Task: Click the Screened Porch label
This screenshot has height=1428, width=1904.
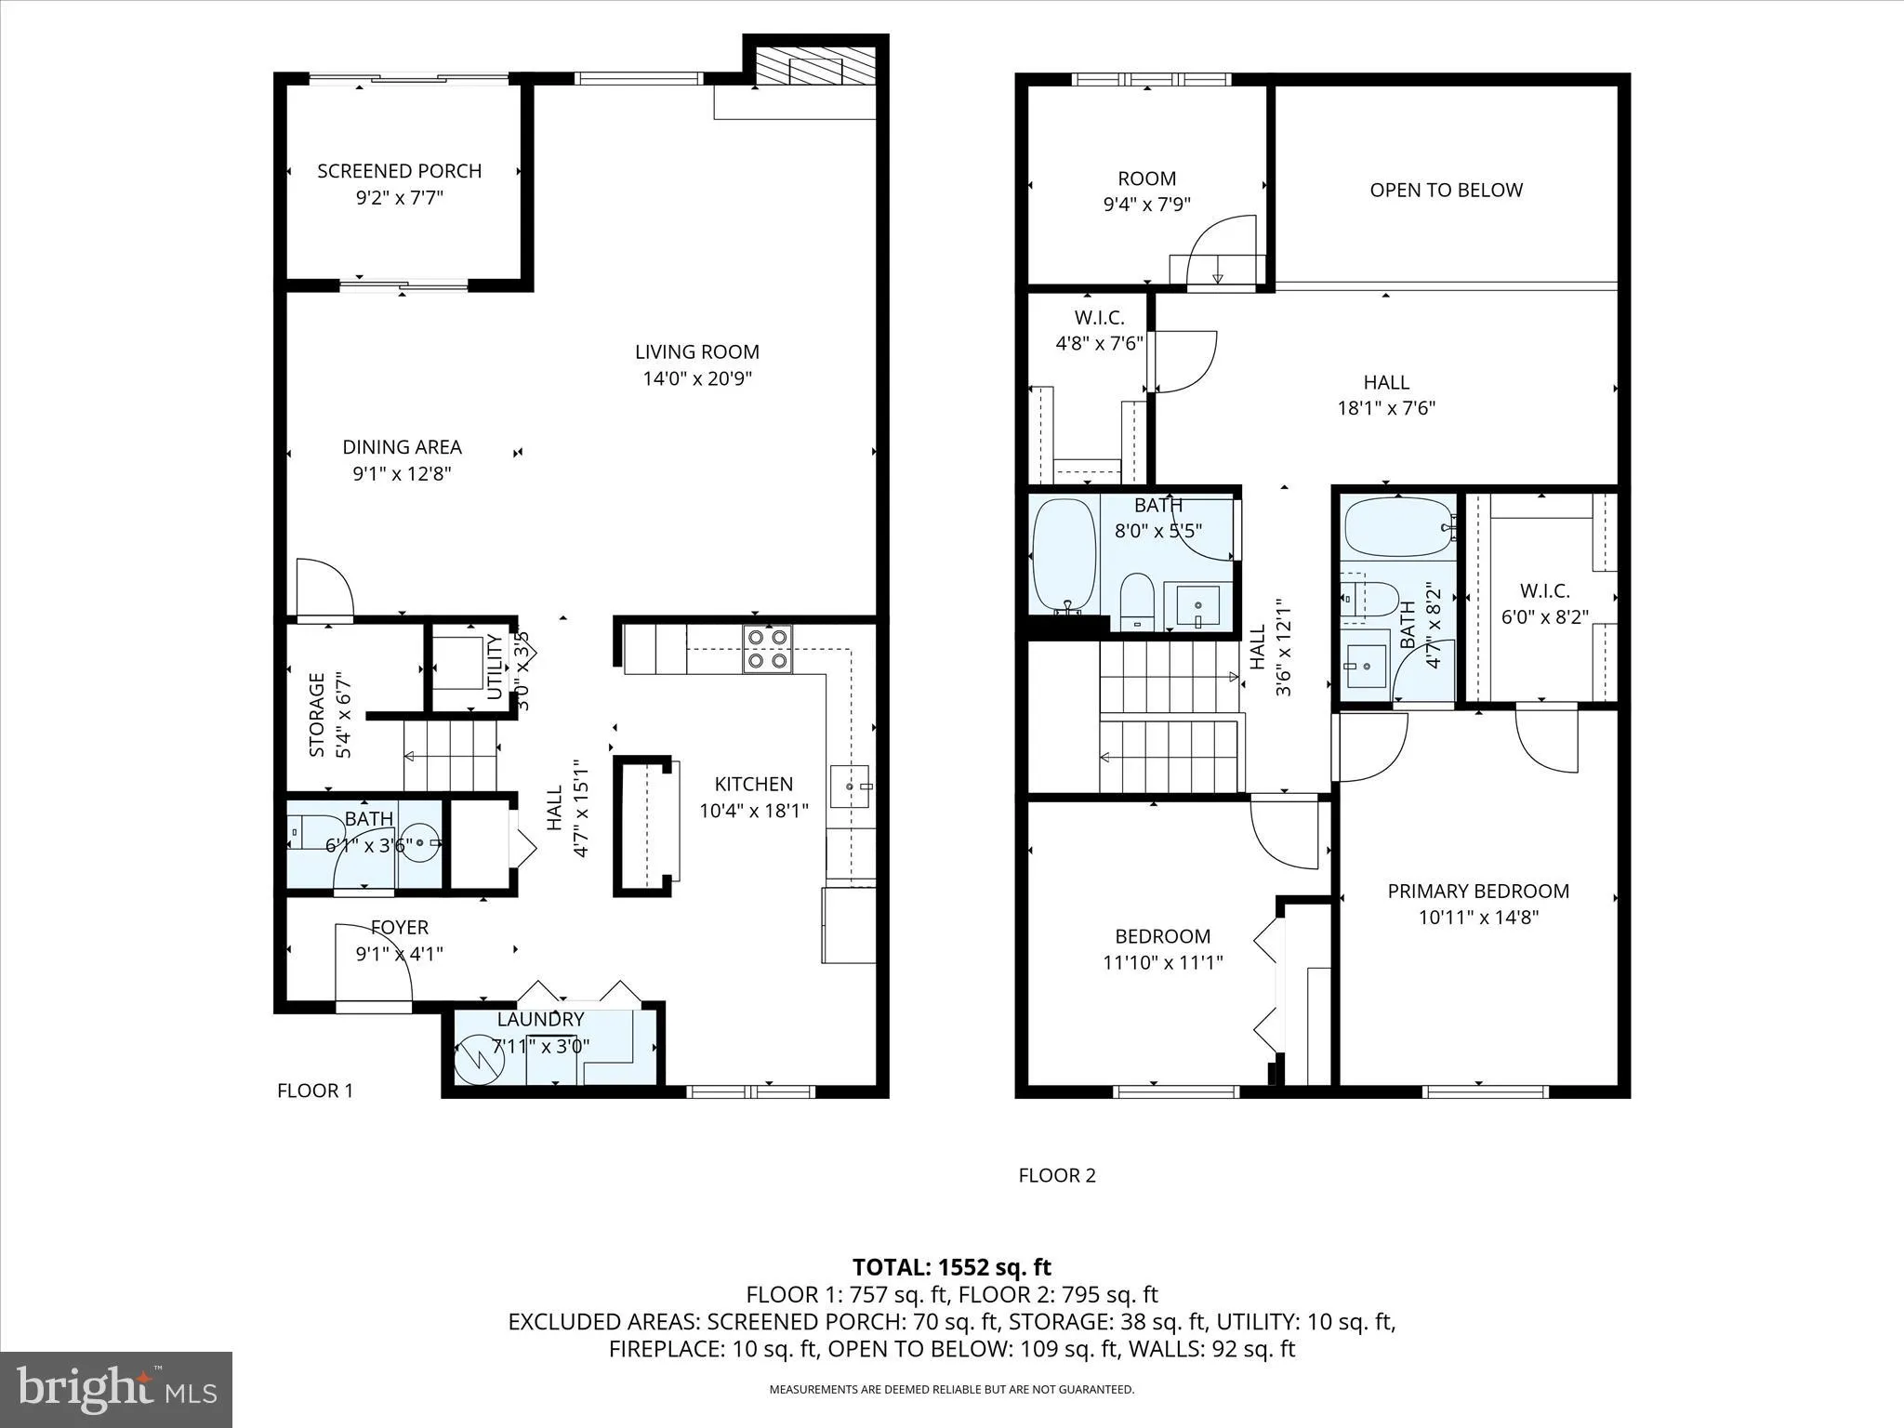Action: click(x=400, y=171)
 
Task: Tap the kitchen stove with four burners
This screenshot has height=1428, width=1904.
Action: click(x=767, y=648)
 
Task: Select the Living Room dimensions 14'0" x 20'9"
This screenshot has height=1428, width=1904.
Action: click(x=696, y=378)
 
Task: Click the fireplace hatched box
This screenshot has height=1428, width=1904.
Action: click(x=815, y=67)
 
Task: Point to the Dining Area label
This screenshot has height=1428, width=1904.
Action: click(x=402, y=447)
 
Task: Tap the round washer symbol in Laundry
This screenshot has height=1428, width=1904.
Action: click(x=478, y=1059)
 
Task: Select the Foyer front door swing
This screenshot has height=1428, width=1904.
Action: click(x=372, y=962)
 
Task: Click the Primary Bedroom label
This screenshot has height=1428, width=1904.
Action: click(x=1478, y=891)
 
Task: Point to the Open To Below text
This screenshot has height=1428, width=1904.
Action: click(x=1446, y=190)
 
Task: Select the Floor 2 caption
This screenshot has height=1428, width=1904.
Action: click(x=1057, y=1175)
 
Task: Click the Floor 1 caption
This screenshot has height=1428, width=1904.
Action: click(x=315, y=1091)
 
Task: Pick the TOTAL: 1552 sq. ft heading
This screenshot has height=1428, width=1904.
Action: click(x=951, y=1267)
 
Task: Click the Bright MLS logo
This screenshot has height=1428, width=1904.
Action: click(x=116, y=1389)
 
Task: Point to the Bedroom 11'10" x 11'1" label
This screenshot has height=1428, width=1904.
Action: click(x=1162, y=936)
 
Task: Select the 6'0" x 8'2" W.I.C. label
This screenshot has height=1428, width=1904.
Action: click(x=1544, y=590)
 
